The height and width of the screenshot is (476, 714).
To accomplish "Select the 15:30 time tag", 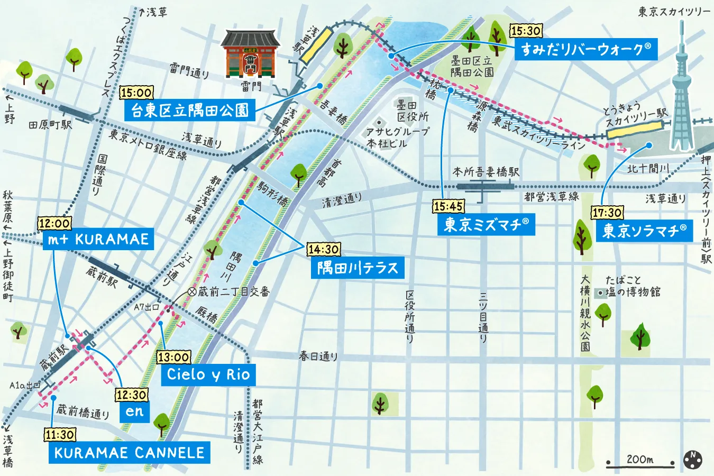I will (x=526, y=31).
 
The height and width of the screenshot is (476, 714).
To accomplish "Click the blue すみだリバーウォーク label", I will (x=585, y=49).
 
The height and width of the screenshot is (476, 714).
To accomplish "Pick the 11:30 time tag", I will (x=60, y=435).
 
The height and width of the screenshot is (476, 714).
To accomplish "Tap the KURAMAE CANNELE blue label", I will (x=129, y=453).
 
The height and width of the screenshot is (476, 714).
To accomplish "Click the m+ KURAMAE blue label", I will (x=98, y=239).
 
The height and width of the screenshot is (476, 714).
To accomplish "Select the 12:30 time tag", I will (x=132, y=395).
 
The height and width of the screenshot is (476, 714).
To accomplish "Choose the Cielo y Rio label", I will (x=208, y=374).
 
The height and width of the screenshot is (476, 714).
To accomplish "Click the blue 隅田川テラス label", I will (x=358, y=268).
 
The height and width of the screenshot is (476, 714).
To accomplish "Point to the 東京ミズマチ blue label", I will (x=486, y=225).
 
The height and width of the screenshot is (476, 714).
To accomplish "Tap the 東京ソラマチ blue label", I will (x=644, y=231).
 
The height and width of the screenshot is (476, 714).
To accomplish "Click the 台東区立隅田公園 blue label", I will (x=190, y=110).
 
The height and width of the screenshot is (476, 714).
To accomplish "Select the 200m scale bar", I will (x=640, y=461).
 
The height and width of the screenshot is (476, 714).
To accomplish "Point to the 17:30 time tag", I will (x=607, y=213).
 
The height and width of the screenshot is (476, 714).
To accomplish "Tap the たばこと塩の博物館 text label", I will (x=633, y=286).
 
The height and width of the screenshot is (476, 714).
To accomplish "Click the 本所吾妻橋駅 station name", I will (x=486, y=172).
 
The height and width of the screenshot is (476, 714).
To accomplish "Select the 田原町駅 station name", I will (x=50, y=125).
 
